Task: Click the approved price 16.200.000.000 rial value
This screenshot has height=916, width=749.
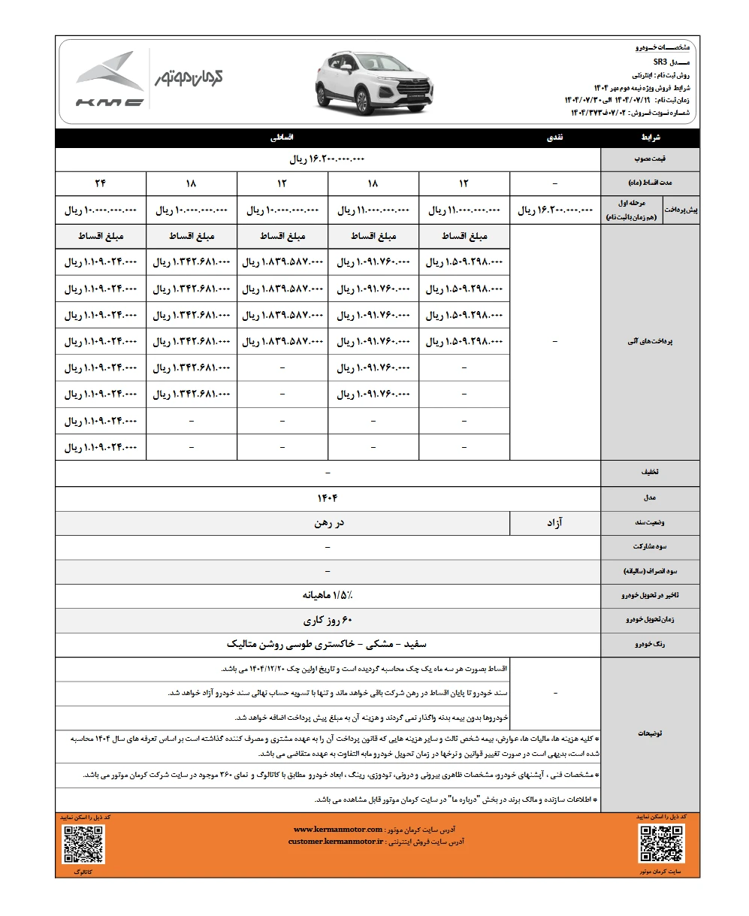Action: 328,160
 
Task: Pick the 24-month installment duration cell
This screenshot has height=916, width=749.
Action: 101,183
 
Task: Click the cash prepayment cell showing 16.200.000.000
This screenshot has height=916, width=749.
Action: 555,211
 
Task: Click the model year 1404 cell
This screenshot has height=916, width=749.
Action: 328,497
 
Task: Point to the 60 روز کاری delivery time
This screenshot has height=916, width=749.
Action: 328,621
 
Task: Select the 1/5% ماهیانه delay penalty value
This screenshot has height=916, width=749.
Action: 328,595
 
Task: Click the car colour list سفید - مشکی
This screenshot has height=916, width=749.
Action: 328,645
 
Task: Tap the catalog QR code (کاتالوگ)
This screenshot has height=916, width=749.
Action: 83,844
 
